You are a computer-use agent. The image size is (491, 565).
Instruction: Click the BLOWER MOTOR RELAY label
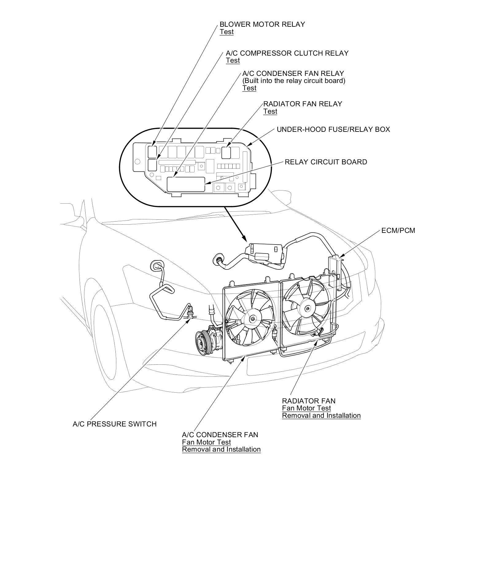262,24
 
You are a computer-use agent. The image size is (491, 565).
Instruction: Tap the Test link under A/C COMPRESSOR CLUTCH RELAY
233,61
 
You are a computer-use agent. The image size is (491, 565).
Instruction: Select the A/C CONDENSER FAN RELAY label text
293,73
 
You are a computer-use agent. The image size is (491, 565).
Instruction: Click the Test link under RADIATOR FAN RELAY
270,112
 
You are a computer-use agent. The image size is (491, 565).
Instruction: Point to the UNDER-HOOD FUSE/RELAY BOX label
333,129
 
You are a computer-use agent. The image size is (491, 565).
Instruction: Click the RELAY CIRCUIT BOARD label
326,162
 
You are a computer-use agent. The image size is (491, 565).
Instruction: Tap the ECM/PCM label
398,230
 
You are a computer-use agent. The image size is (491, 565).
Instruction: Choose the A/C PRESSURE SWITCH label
114,424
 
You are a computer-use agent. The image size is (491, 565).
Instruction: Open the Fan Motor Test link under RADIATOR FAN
306,408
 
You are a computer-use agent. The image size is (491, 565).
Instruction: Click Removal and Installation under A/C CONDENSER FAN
221,449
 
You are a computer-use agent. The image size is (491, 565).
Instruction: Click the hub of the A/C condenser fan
252,319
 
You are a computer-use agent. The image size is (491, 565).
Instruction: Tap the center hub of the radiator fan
307,309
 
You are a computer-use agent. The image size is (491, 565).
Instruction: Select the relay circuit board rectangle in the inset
186,184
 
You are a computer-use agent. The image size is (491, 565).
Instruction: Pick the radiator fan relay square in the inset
226,152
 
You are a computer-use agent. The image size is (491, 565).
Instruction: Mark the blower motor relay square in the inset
152,151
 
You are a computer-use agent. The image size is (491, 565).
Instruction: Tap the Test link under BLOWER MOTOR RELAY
226,32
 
